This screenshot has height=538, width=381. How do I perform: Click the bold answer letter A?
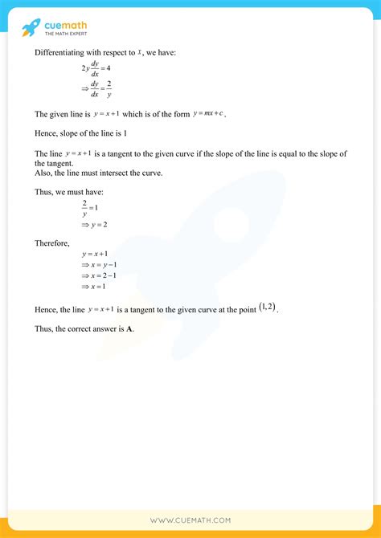tap(130, 329)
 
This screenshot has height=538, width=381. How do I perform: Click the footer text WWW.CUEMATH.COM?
tap(190, 520)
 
